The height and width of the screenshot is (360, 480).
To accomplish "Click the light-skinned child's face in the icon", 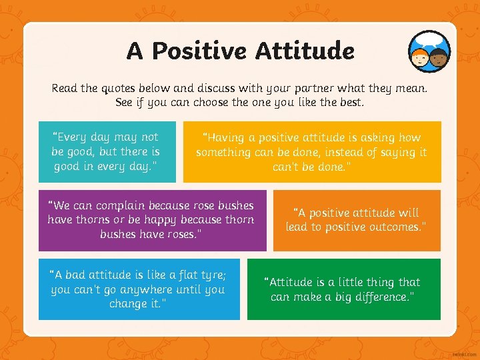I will pos(419,59).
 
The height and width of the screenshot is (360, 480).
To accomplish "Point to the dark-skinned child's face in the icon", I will pos(439,59).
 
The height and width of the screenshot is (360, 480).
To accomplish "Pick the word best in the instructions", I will pos(349,103).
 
